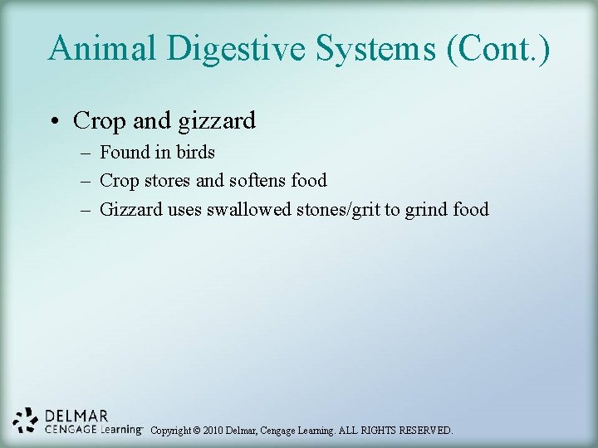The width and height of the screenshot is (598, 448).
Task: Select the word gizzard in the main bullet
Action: click(x=217, y=121)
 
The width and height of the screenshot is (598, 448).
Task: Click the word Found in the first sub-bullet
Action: click(x=122, y=153)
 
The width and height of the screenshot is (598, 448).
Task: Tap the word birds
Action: click(x=195, y=153)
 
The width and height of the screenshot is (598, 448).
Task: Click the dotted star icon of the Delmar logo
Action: click(x=26, y=421)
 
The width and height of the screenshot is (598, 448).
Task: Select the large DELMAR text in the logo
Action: click(x=76, y=415)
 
